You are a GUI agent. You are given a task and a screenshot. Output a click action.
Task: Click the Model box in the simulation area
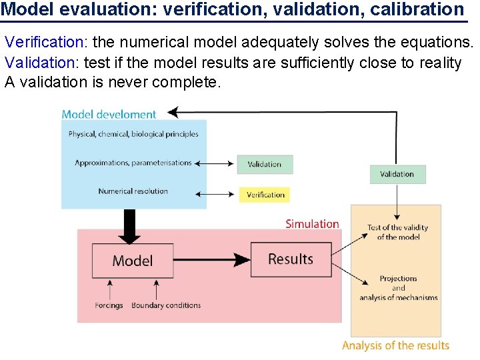pyautogui.click(x=133, y=261)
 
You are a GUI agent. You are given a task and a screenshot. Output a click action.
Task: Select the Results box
pyautogui.click(x=291, y=259)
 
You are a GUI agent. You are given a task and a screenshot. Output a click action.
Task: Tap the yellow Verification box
pyautogui.click(x=265, y=195)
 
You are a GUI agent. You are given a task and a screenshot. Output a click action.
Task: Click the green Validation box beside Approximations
pyautogui.click(x=265, y=164)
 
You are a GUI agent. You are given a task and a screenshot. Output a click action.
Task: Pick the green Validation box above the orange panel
pyautogui.click(x=397, y=174)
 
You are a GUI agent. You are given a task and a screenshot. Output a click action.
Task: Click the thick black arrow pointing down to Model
pyautogui.click(x=129, y=227)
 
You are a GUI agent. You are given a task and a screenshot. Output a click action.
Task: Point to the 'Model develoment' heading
pyautogui.click(x=109, y=114)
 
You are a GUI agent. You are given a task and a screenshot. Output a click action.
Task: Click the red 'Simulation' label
pyautogui.click(x=312, y=224)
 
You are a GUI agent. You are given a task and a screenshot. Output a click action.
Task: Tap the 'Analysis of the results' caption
pyautogui.click(x=395, y=345)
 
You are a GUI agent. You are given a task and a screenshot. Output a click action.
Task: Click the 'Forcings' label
pyautogui.click(x=109, y=305)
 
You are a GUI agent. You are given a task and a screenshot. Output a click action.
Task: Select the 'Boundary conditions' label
pyautogui.click(x=166, y=305)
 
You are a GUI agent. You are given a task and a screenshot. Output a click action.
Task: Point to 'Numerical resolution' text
pyautogui.click(x=133, y=191)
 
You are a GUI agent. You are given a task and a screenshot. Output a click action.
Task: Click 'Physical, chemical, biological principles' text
pyautogui.click(x=133, y=134)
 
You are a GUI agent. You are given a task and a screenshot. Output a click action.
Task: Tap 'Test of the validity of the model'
pyautogui.click(x=398, y=232)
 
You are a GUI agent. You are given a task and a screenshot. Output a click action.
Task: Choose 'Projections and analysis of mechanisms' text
pyautogui.click(x=398, y=288)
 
